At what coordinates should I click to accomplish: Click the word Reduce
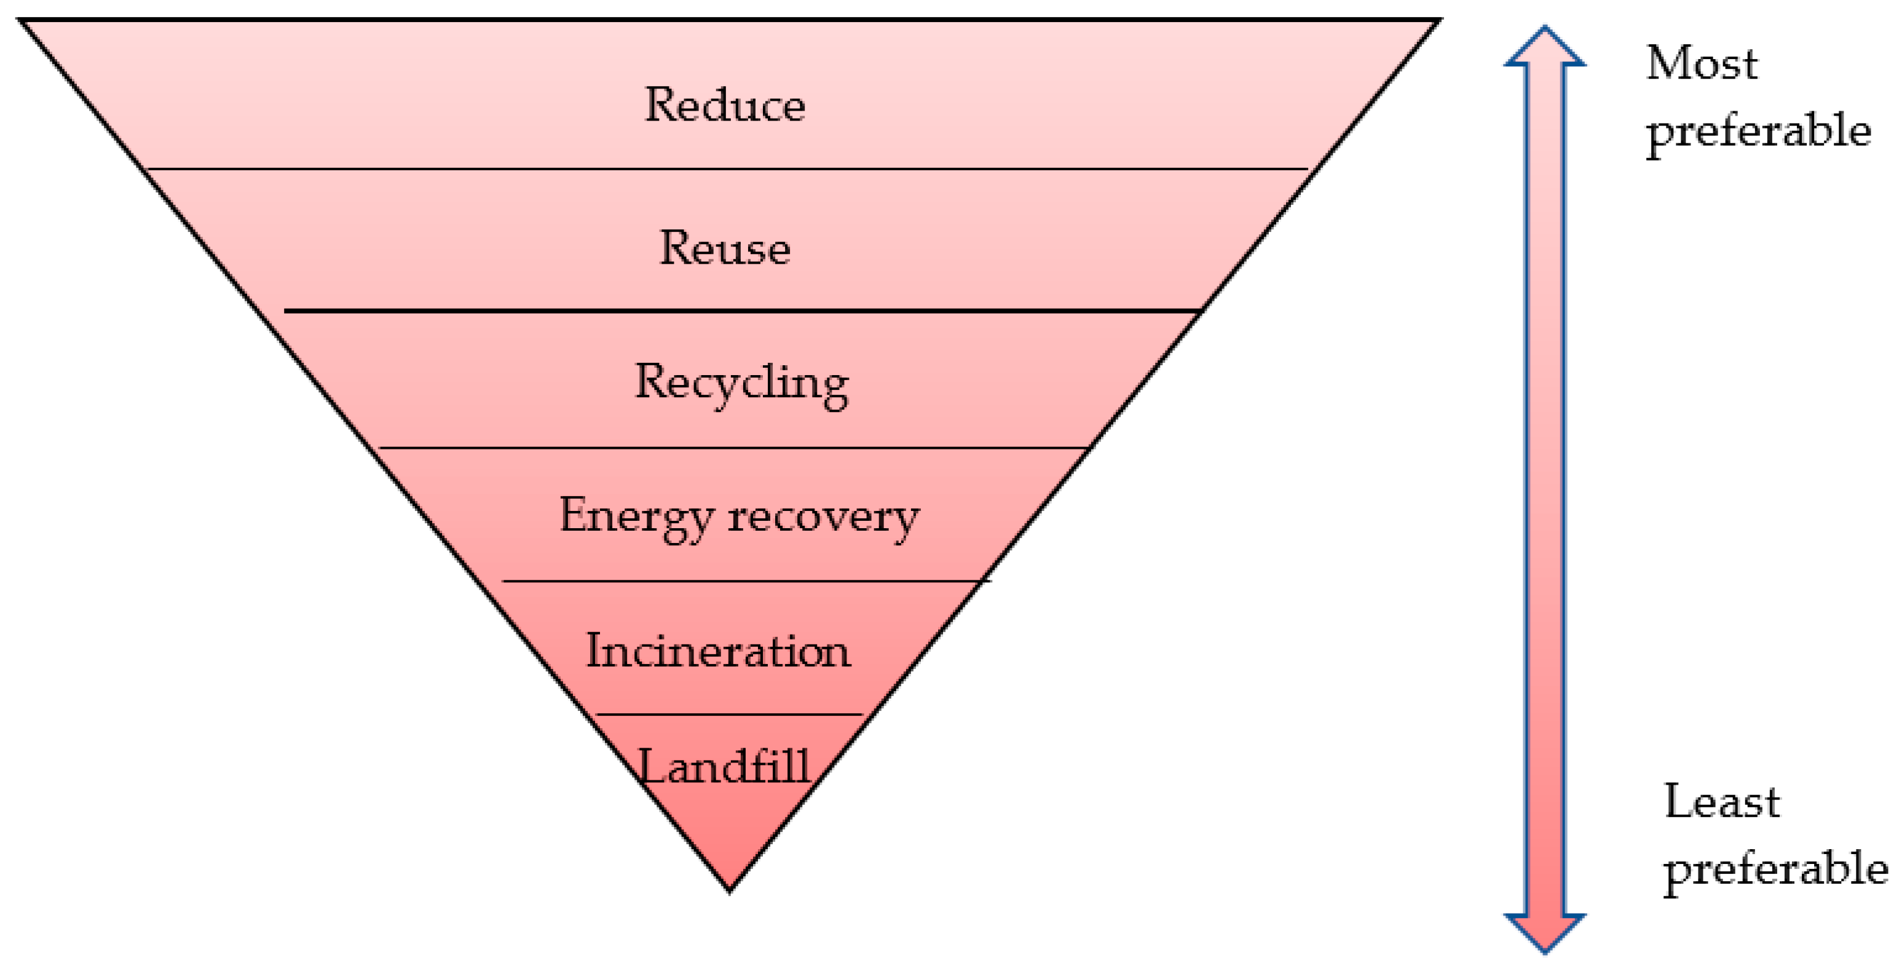click(x=725, y=105)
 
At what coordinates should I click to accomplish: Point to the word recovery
click(x=823, y=517)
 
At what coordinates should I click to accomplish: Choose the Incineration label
click(x=717, y=651)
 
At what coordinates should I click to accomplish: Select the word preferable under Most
click(x=1759, y=132)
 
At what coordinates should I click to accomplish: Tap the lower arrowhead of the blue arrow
click(x=1545, y=932)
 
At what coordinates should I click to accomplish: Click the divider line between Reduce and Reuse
click(x=727, y=169)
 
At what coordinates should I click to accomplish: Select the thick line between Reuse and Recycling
click(x=742, y=311)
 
